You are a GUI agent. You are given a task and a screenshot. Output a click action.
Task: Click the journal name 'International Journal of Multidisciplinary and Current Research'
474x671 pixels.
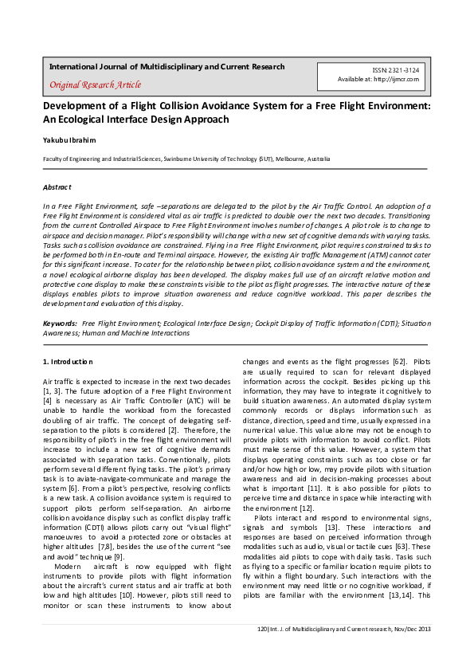[x=166, y=67]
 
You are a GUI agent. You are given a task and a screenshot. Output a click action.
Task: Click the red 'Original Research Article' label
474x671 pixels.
[x=96, y=84]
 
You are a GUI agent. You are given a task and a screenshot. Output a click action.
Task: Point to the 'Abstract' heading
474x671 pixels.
[x=57, y=187]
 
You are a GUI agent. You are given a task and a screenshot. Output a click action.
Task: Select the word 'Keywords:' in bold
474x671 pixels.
[x=60, y=324]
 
